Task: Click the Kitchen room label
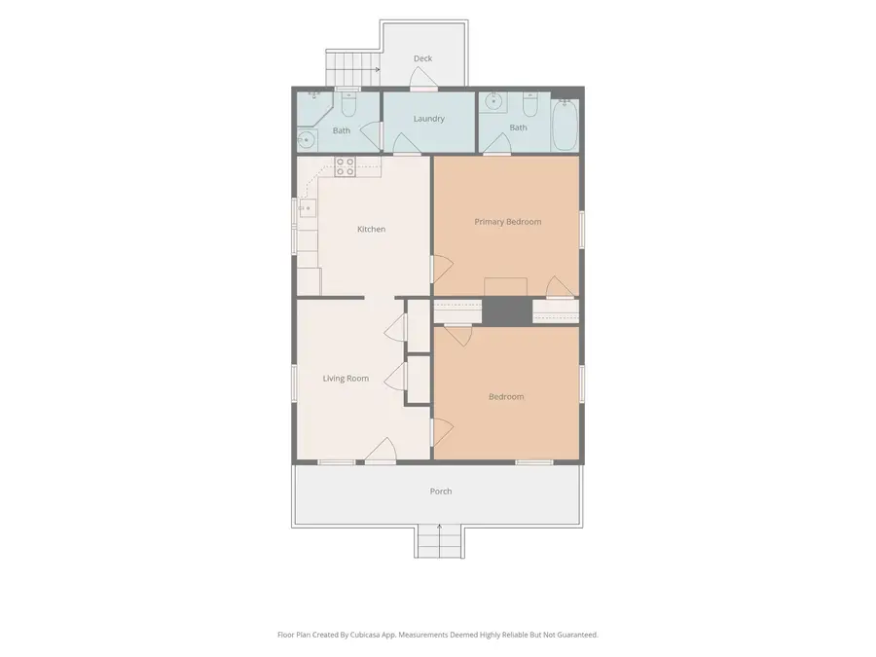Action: pos(371,229)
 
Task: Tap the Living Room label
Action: pos(346,379)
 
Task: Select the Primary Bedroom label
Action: pos(508,222)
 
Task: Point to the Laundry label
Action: pos(429,119)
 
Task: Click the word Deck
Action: pos(423,58)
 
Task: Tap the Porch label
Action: pos(441,492)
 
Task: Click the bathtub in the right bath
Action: pos(565,125)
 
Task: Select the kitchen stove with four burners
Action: pos(345,166)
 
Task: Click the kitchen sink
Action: pos(307,208)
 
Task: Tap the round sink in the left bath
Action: pos(306,139)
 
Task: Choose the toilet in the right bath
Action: pos(530,103)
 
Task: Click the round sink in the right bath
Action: pos(493,101)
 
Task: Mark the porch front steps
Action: pos(439,541)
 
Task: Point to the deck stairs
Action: pos(352,67)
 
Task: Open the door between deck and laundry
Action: pos(423,80)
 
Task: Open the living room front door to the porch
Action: pos(381,451)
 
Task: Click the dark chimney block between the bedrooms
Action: pos(507,311)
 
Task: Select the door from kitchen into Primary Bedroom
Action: pos(441,270)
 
